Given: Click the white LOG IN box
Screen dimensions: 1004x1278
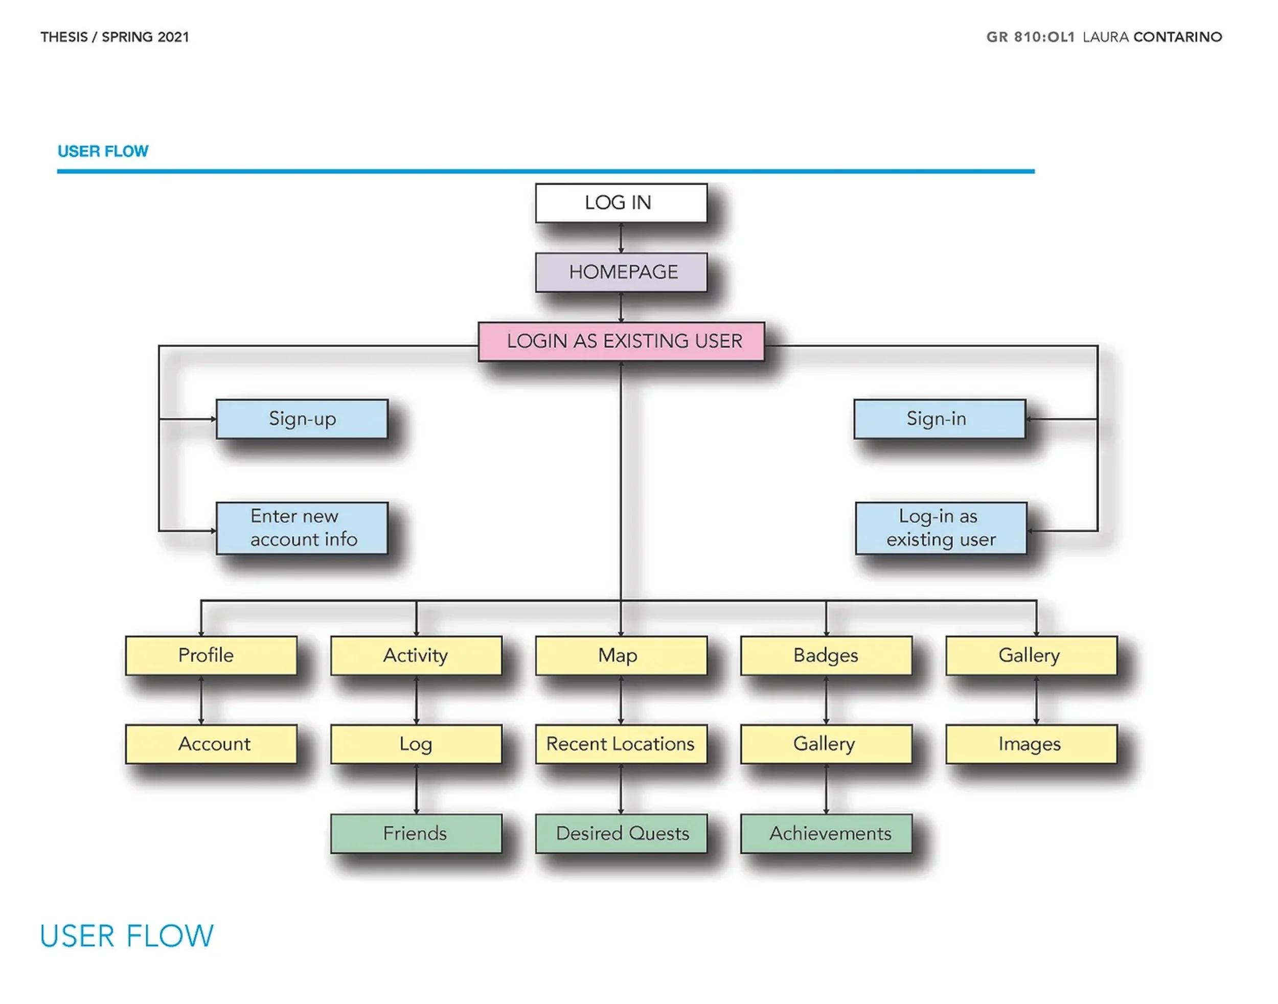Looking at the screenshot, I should click(x=621, y=203).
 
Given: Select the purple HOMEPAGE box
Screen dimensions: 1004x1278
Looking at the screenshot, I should click(x=621, y=272).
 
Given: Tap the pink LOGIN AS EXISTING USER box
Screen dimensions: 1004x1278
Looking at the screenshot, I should click(x=621, y=341).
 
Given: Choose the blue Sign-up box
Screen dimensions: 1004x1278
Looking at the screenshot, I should click(x=302, y=419).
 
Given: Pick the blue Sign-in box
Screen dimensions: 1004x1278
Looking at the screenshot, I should click(x=939, y=419).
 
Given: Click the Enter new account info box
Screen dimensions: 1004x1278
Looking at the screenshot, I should click(x=302, y=528).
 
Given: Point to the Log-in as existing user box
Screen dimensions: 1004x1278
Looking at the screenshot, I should click(x=941, y=528).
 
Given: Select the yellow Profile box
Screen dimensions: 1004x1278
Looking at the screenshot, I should click(x=211, y=655).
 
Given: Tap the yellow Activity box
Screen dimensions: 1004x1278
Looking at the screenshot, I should click(x=416, y=655).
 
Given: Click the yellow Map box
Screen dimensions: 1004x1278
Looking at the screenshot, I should click(x=621, y=655).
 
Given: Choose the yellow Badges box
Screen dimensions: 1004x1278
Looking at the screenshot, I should click(x=826, y=655).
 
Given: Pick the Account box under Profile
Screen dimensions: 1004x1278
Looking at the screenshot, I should click(x=211, y=744).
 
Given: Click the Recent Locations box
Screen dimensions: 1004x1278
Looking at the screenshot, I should click(x=621, y=744).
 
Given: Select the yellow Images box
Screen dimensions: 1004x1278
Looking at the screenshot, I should click(x=1031, y=744).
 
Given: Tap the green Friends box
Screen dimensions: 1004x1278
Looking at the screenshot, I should click(x=416, y=834).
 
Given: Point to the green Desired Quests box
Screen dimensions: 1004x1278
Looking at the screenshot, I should click(x=621, y=834).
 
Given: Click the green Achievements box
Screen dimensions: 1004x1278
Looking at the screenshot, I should click(x=826, y=834).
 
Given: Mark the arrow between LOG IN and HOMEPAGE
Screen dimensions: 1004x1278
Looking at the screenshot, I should click(x=621, y=238).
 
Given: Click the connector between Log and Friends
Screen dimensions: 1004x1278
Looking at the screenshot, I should click(x=416, y=789).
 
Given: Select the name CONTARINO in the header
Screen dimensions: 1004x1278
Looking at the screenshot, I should click(x=1177, y=37).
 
